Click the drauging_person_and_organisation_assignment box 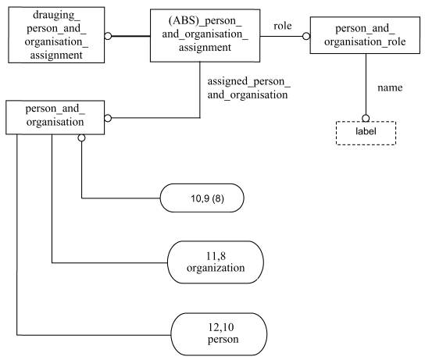(56, 35)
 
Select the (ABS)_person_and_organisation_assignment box (205, 35)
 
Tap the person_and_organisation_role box (365, 35)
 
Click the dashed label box (366, 133)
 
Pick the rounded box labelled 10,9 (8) (202, 198)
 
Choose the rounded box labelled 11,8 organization (216, 262)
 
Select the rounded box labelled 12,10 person (219, 334)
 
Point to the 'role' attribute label (283, 26)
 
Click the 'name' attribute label (390, 87)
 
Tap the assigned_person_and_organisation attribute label (248, 88)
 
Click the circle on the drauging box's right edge (108, 36)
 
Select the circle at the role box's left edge (306, 36)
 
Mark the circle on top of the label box (366, 118)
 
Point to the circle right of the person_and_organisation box (108, 118)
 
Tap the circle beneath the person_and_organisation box (81, 138)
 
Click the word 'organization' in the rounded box (216, 268)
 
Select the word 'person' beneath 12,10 (223, 340)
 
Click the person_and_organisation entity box (55, 117)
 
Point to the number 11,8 (216, 256)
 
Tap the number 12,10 (221, 327)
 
